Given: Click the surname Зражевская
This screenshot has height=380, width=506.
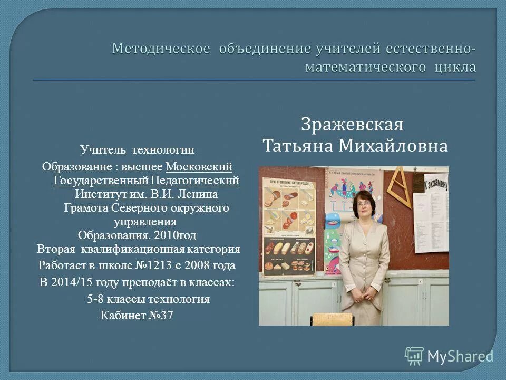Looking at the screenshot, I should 352,126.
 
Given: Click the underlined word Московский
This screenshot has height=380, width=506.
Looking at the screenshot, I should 199,167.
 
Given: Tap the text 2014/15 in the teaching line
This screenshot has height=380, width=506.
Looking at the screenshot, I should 72,282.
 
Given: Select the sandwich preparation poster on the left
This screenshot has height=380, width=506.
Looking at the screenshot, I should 289,222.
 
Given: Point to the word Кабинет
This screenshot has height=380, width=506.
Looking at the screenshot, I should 122,316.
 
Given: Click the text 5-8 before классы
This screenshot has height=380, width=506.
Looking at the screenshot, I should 95,299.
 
